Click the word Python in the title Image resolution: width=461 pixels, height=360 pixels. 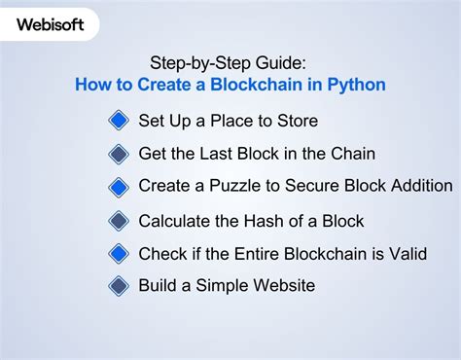(x=356, y=85)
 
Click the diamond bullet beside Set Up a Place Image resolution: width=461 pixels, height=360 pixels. (x=119, y=121)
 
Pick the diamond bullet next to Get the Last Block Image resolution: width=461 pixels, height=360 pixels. (x=119, y=154)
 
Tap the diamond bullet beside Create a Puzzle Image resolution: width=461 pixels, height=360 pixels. (x=119, y=186)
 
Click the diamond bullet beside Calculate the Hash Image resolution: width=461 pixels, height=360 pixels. (x=119, y=220)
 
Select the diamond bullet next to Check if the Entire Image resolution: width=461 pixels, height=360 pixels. (x=119, y=253)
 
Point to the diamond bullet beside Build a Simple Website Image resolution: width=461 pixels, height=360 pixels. (x=119, y=286)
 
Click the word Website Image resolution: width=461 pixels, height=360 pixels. (x=282, y=286)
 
